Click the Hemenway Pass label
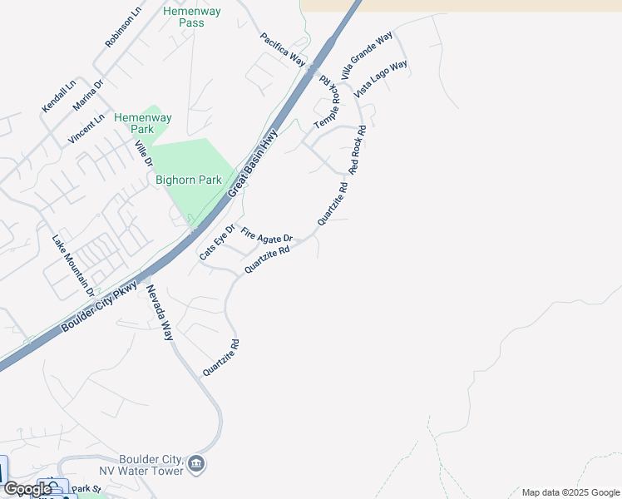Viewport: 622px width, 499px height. [x=184, y=17]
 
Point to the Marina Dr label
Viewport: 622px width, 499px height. [x=87, y=94]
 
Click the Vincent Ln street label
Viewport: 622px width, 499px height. [x=87, y=129]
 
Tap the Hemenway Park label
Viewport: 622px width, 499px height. [x=143, y=123]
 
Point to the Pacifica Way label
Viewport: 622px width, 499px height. [x=283, y=49]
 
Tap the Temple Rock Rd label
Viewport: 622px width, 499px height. [x=328, y=104]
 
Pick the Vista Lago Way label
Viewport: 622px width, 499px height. [x=380, y=79]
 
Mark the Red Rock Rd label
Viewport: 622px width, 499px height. [x=358, y=150]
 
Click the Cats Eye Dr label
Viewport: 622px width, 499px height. [x=217, y=242]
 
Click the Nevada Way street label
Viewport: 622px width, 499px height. [x=160, y=313]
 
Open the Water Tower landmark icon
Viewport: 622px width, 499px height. [x=196, y=463]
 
